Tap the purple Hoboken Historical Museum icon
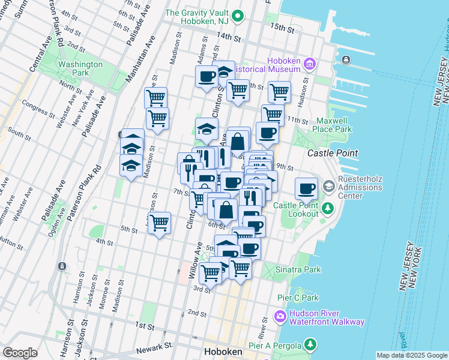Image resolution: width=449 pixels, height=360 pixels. (310, 64)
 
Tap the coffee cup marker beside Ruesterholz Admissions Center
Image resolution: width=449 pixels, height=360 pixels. (306, 189)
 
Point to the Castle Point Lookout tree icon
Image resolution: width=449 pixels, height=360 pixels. (328, 209)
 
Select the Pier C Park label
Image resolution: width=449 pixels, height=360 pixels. (298, 298)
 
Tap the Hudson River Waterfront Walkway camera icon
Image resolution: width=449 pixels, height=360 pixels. (280, 316)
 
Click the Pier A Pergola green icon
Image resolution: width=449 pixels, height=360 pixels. (310, 344)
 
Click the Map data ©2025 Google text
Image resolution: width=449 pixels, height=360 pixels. (412, 355)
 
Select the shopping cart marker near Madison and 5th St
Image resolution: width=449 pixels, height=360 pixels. (159, 223)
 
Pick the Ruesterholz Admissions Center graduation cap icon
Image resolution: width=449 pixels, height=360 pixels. (328, 187)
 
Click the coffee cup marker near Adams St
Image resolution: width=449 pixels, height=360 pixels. (206, 77)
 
